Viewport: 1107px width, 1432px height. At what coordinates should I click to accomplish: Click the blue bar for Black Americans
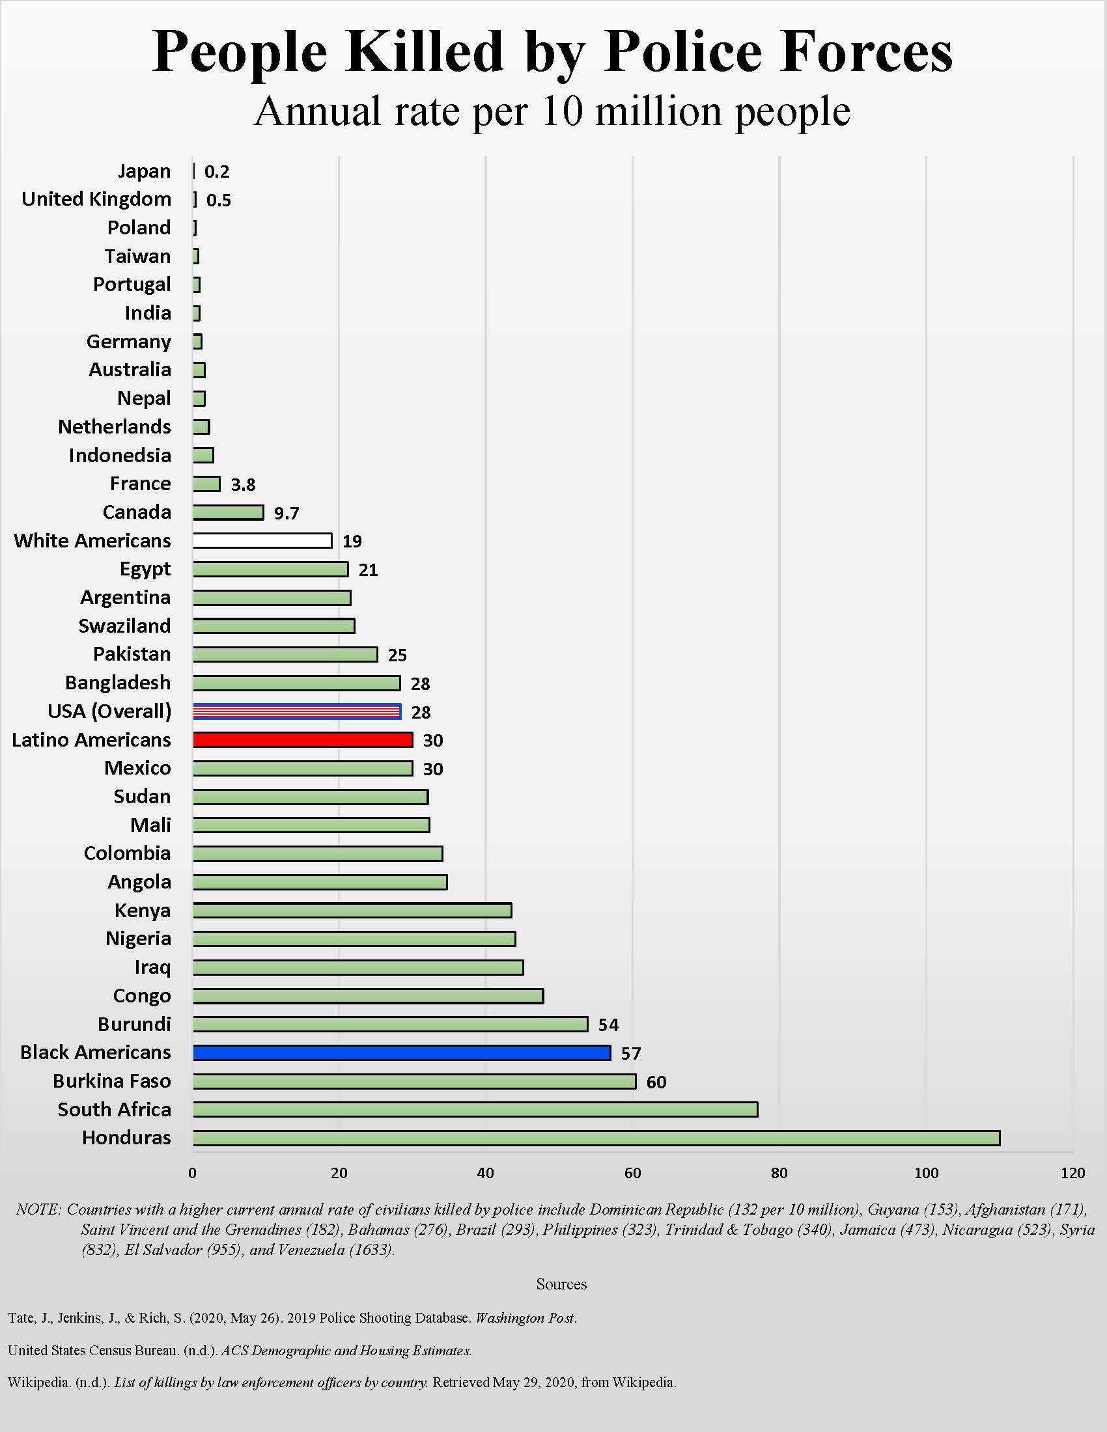tap(401, 1053)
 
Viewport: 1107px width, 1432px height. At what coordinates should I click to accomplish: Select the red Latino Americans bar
tap(302, 739)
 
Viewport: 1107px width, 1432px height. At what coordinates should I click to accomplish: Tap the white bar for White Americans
tap(262, 540)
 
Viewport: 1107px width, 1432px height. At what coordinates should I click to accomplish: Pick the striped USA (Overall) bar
tap(296, 711)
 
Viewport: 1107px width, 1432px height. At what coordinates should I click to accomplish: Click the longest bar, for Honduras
tap(596, 1138)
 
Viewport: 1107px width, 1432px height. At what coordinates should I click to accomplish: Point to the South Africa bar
tap(475, 1109)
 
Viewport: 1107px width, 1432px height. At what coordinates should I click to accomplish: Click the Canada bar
tap(228, 512)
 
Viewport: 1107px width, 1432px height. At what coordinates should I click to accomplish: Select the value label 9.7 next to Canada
tap(287, 514)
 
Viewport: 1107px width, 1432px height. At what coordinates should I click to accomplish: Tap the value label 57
tap(631, 1054)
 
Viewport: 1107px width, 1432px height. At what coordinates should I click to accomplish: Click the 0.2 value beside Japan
tap(216, 172)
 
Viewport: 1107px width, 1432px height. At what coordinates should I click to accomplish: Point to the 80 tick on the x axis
tap(779, 1173)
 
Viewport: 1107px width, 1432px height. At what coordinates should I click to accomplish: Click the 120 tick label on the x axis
tap(1073, 1173)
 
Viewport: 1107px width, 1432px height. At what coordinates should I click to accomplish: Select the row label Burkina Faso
tap(111, 1081)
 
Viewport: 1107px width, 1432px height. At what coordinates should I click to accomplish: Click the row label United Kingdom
tap(96, 199)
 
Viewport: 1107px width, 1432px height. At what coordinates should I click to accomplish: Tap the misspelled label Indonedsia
tap(120, 455)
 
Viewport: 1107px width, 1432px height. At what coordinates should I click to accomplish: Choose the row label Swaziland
tap(124, 626)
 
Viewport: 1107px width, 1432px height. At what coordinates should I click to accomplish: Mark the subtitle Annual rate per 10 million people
tap(552, 111)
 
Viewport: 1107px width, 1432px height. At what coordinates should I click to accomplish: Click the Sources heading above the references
tap(561, 1284)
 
